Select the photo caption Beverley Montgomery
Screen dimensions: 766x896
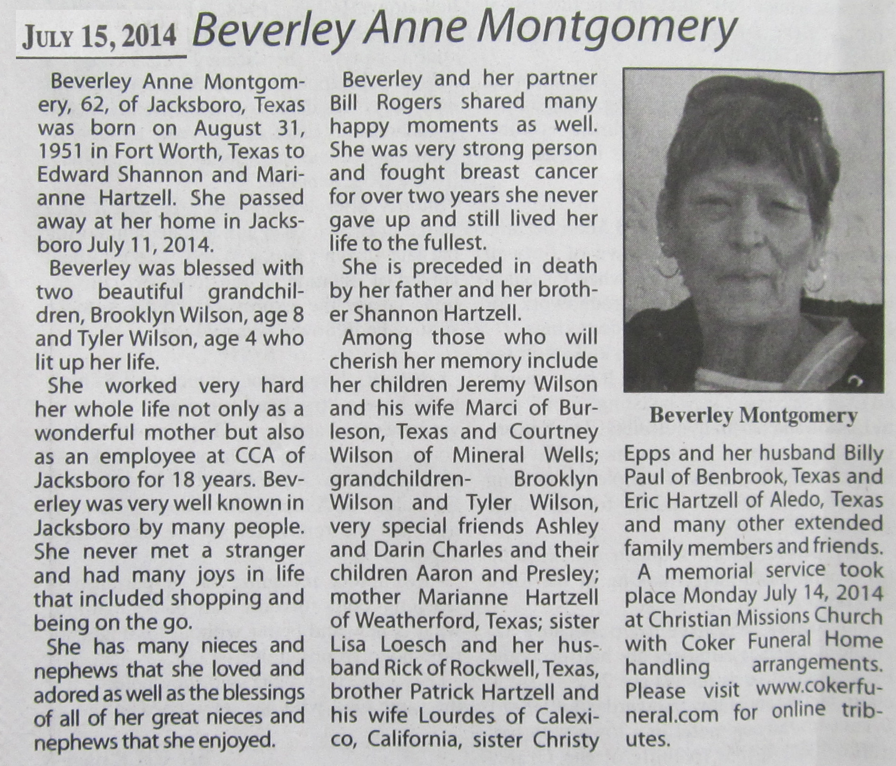pyautogui.click(x=753, y=416)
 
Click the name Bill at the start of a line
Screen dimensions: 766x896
pyautogui.click(x=344, y=102)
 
